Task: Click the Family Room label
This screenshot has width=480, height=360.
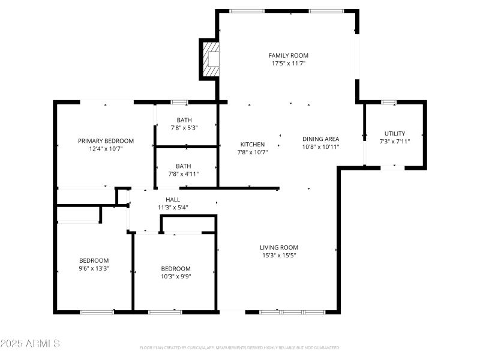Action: pos(288,55)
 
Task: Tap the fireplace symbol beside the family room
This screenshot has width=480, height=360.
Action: pos(211,59)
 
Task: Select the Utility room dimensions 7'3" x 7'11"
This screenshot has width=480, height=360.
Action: pos(394,142)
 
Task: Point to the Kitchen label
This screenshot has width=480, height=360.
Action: pos(253,145)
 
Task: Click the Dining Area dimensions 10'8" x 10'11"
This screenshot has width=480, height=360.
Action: pos(320,146)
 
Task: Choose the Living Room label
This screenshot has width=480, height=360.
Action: pos(278,247)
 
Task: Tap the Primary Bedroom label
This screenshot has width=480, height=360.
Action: pos(106,141)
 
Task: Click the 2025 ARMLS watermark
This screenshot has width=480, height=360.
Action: pos(30,344)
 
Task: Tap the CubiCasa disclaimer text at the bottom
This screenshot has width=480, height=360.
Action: pos(240,347)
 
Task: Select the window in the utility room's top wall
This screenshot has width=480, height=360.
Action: pos(389,102)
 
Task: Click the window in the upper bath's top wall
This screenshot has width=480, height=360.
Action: pos(179,102)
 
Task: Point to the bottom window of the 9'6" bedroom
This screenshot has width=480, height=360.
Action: pos(97,311)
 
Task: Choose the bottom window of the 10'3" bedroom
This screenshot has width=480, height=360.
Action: pos(165,311)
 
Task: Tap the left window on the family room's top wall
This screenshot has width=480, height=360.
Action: pos(247,11)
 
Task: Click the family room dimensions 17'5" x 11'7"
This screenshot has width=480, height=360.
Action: pos(288,63)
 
